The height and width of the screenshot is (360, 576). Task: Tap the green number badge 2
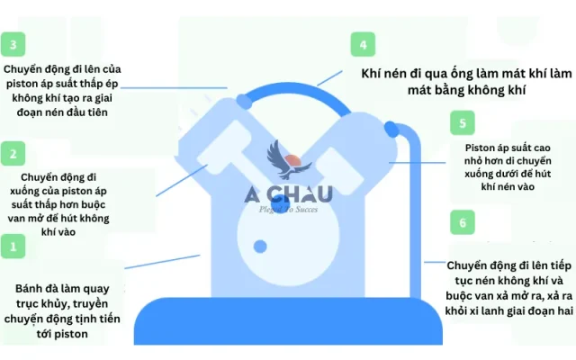coord(13,154)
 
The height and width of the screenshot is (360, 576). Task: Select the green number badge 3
coord(13,43)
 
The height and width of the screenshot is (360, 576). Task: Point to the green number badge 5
coord(462,123)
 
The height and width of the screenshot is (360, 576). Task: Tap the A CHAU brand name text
coord(289,193)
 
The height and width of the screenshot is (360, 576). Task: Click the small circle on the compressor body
coord(260,246)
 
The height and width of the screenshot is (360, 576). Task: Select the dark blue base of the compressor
coord(288,319)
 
